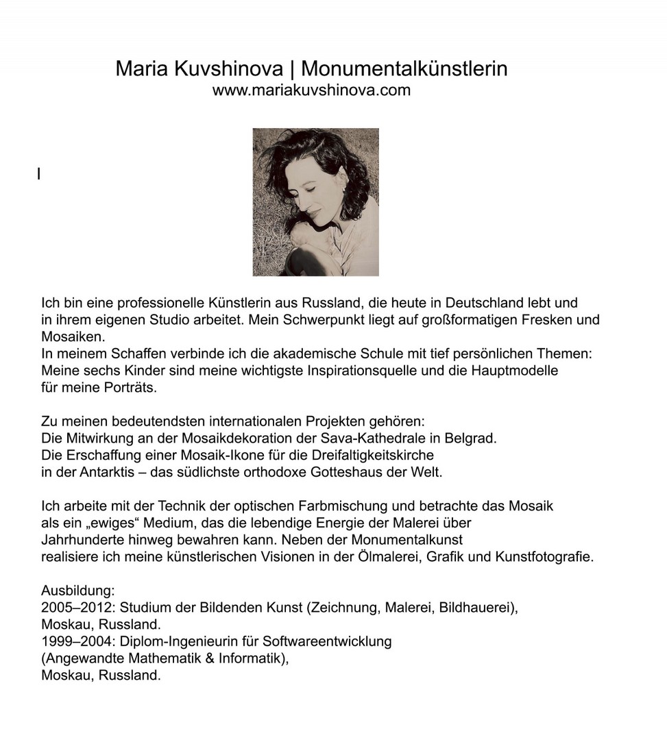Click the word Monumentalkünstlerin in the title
pos(404,69)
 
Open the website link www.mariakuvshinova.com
pos(311,90)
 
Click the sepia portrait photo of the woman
pos(315,202)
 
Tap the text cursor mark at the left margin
pos(39,174)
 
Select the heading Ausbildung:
pos(78,591)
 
